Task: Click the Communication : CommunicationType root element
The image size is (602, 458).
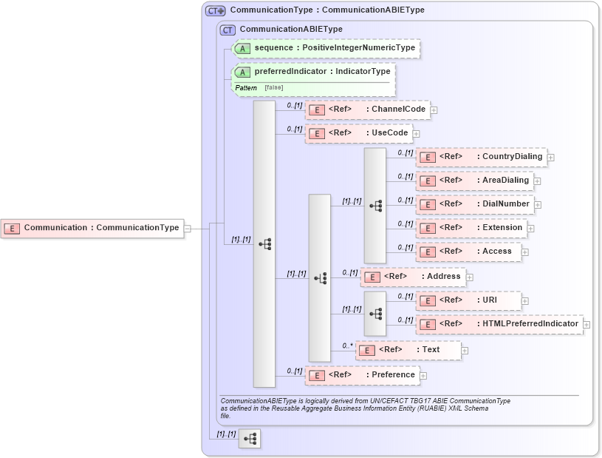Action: tap(92, 228)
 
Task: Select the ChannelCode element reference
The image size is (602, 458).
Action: tap(367, 110)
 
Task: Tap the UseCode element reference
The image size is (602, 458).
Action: tap(358, 133)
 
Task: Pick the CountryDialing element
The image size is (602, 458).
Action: tap(481, 157)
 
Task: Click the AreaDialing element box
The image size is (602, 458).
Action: tap(474, 181)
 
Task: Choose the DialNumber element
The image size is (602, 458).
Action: tap(474, 204)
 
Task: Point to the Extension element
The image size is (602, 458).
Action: tap(471, 228)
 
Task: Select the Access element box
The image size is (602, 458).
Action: tap(468, 252)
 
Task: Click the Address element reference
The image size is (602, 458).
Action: tap(412, 277)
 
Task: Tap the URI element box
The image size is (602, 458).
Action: tap(468, 300)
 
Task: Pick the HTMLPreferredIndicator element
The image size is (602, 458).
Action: tap(499, 324)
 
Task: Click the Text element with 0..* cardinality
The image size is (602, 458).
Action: tap(408, 350)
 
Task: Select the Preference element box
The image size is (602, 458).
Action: tap(362, 375)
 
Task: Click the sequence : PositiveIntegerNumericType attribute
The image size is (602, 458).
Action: tap(326, 48)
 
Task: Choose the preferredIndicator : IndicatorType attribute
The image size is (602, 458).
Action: tap(313, 72)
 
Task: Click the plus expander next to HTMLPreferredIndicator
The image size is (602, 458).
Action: tap(586, 324)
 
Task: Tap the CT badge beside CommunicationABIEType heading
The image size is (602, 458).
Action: tap(228, 30)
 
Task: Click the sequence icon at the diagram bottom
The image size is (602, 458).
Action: tap(250, 439)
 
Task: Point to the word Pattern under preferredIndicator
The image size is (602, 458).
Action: tap(246, 88)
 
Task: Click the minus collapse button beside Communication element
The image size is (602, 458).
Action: tap(187, 229)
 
